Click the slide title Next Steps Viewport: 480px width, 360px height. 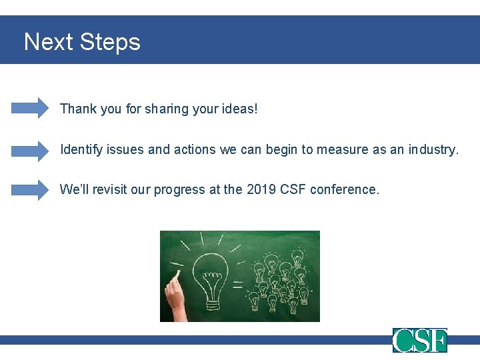tap(82, 42)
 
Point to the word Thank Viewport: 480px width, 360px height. tap(78, 109)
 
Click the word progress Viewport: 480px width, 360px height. tap(179, 190)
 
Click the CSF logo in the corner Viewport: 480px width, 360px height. tap(419, 341)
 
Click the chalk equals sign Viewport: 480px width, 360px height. tap(237, 285)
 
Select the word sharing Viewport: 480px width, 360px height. tap(151, 109)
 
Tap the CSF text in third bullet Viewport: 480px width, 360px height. tap(294, 190)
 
